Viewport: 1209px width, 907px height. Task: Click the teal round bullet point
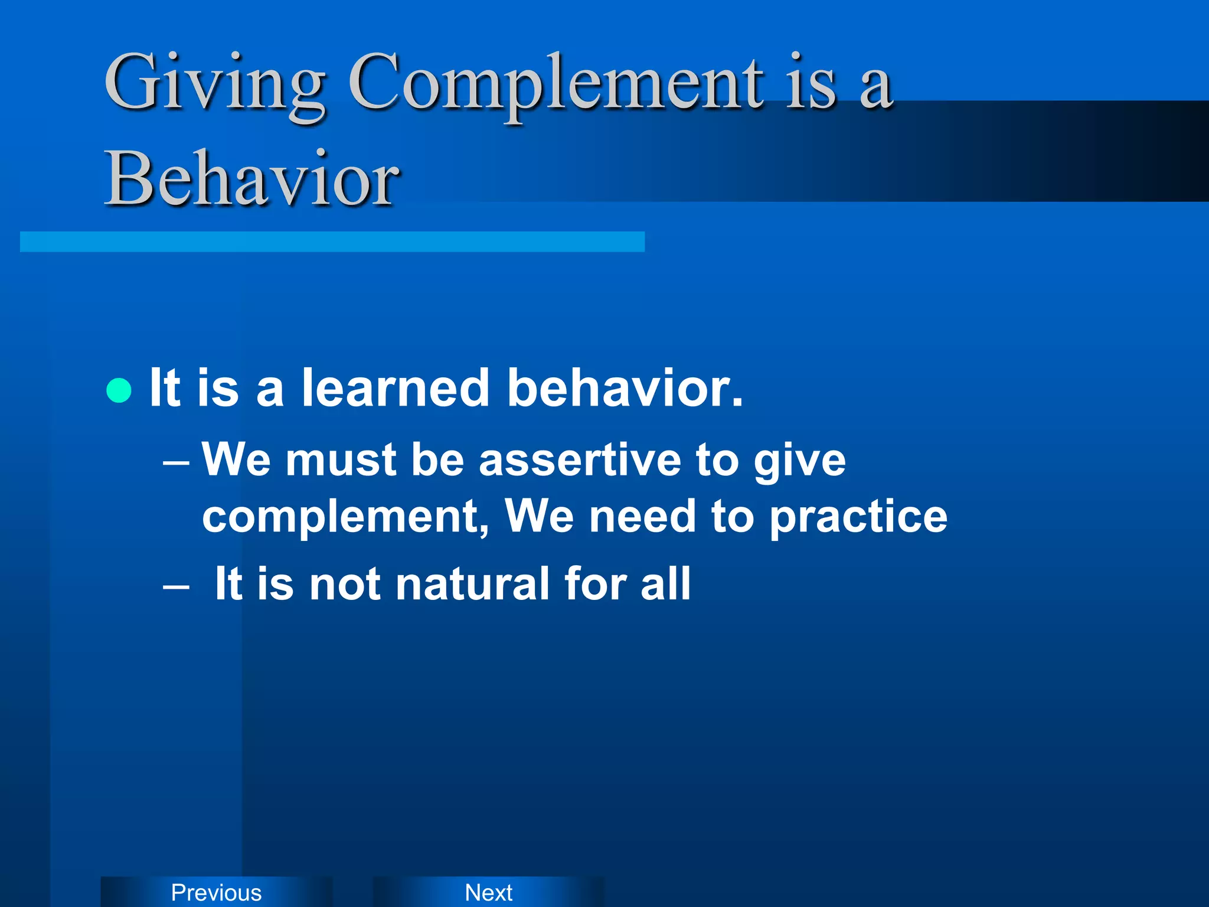point(119,390)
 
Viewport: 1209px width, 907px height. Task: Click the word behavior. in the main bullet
point(625,388)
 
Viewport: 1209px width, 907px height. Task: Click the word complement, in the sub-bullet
point(345,517)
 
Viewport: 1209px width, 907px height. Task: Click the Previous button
point(216,892)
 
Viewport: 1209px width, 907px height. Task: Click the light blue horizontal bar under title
point(332,242)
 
